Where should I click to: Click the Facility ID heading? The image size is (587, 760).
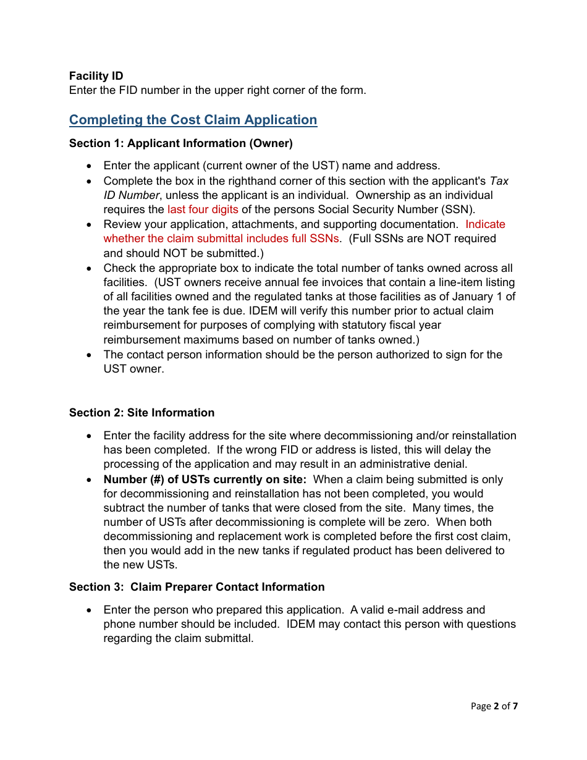96,76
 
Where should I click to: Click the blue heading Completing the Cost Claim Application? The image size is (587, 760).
193,120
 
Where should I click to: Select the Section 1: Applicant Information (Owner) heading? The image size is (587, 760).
180,143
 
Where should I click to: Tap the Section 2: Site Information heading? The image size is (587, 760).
141,413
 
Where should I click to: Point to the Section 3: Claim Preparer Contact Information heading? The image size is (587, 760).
196,587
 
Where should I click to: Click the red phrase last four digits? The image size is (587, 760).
203,209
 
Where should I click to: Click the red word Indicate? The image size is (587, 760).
485,224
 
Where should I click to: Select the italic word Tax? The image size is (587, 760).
499,181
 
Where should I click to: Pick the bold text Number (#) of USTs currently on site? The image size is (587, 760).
205,479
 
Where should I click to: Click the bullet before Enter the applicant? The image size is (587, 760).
90,166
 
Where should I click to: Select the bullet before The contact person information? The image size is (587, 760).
90,355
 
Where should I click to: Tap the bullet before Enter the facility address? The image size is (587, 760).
90,436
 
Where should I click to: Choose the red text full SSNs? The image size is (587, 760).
315,239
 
